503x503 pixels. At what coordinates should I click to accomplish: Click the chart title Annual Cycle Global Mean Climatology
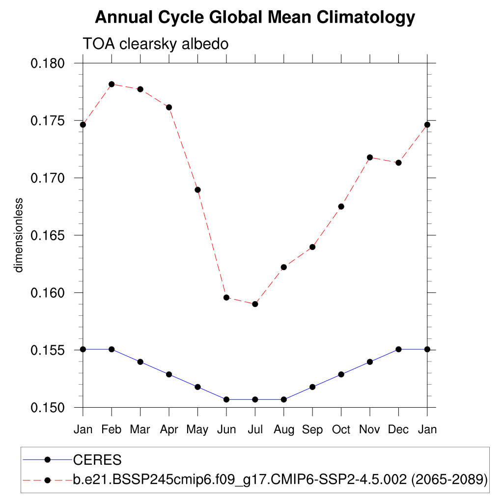[x=254, y=18]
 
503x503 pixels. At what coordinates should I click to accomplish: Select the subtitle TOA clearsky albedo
[x=156, y=44]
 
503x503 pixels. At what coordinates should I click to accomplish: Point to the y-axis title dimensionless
[x=19, y=235]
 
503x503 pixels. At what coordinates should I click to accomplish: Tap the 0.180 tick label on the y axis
[x=49, y=63]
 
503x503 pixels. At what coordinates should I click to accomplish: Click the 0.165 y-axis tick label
[x=49, y=235]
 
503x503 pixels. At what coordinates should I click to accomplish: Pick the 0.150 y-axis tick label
[x=49, y=408]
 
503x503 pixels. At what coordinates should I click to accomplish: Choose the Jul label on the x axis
[x=255, y=430]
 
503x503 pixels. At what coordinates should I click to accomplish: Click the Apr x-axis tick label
[x=169, y=430]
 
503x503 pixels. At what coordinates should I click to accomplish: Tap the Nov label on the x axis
[x=370, y=430]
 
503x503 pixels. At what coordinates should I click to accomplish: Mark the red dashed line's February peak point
[x=112, y=84]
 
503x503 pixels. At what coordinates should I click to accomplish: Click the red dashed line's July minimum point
[x=255, y=304]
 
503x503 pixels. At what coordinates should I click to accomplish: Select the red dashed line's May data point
[x=197, y=190]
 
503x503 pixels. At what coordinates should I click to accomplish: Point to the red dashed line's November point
[x=370, y=157]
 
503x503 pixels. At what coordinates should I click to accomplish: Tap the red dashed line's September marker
[x=312, y=247]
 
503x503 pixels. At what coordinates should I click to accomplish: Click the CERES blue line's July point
[x=255, y=399]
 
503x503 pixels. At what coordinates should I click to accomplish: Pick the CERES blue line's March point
[x=140, y=362]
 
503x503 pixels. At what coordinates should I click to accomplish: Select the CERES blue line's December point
[x=398, y=349]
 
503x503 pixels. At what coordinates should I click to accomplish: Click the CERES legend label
[x=97, y=460]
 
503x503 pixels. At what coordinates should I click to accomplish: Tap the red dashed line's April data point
[x=169, y=107]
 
